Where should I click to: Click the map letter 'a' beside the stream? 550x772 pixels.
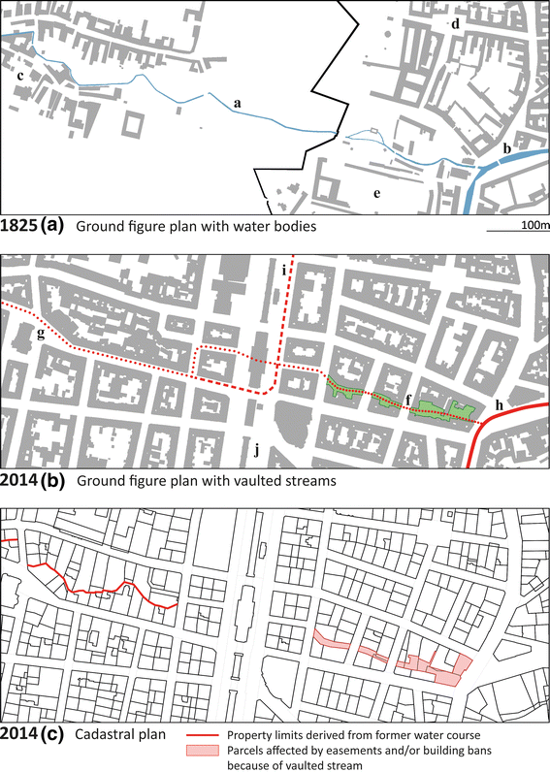(x=238, y=101)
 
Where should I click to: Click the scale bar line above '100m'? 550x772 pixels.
(x=516, y=232)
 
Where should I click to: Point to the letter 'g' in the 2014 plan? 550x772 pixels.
(x=40, y=336)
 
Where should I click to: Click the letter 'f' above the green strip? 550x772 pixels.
(x=408, y=398)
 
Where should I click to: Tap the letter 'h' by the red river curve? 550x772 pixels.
(x=498, y=403)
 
